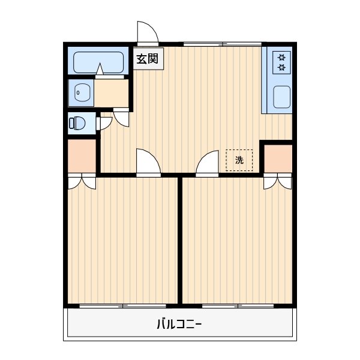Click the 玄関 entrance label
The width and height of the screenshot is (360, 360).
coord(146,59)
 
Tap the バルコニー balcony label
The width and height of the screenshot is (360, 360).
coord(179,325)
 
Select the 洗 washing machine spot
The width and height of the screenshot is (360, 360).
coord(239,160)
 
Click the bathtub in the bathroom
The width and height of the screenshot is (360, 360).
coord(98,62)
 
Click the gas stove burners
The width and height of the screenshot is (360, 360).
coord(281,62)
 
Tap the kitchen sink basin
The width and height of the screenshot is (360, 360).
coord(281,98)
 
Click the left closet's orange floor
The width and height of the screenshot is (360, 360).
coord(81,156)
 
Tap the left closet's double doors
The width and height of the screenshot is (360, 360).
coord(81,181)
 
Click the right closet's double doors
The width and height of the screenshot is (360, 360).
coord(277,181)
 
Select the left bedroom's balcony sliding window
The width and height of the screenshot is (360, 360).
coord(122,306)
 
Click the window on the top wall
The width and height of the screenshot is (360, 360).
coord(222,44)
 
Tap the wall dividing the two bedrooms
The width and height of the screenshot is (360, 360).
coord(179,240)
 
